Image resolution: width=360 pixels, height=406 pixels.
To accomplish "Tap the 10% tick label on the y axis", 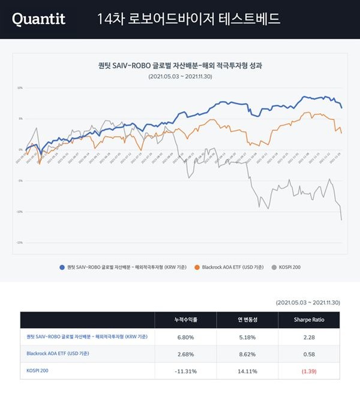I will click(x=20, y=88).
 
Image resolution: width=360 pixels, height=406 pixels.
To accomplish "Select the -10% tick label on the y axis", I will click(x=20, y=212).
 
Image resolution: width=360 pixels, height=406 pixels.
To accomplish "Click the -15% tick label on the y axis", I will click(x=20, y=243).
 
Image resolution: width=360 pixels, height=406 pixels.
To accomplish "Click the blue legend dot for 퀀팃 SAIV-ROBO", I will click(x=62, y=266).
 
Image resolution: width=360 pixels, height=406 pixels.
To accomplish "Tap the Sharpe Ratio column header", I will click(x=310, y=320).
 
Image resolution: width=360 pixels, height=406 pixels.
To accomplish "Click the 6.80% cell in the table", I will click(x=185, y=336).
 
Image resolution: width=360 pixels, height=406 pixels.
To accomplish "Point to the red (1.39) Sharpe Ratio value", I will click(x=310, y=371).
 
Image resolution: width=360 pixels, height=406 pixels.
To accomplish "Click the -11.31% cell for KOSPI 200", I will click(x=185, y=371).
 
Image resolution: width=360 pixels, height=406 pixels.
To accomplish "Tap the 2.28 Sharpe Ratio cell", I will click(x=310, y=336).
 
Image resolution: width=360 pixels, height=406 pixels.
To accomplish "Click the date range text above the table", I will click(x=308, y=303).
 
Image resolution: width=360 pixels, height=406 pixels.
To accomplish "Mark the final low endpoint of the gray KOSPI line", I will click(x=341, y=220).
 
